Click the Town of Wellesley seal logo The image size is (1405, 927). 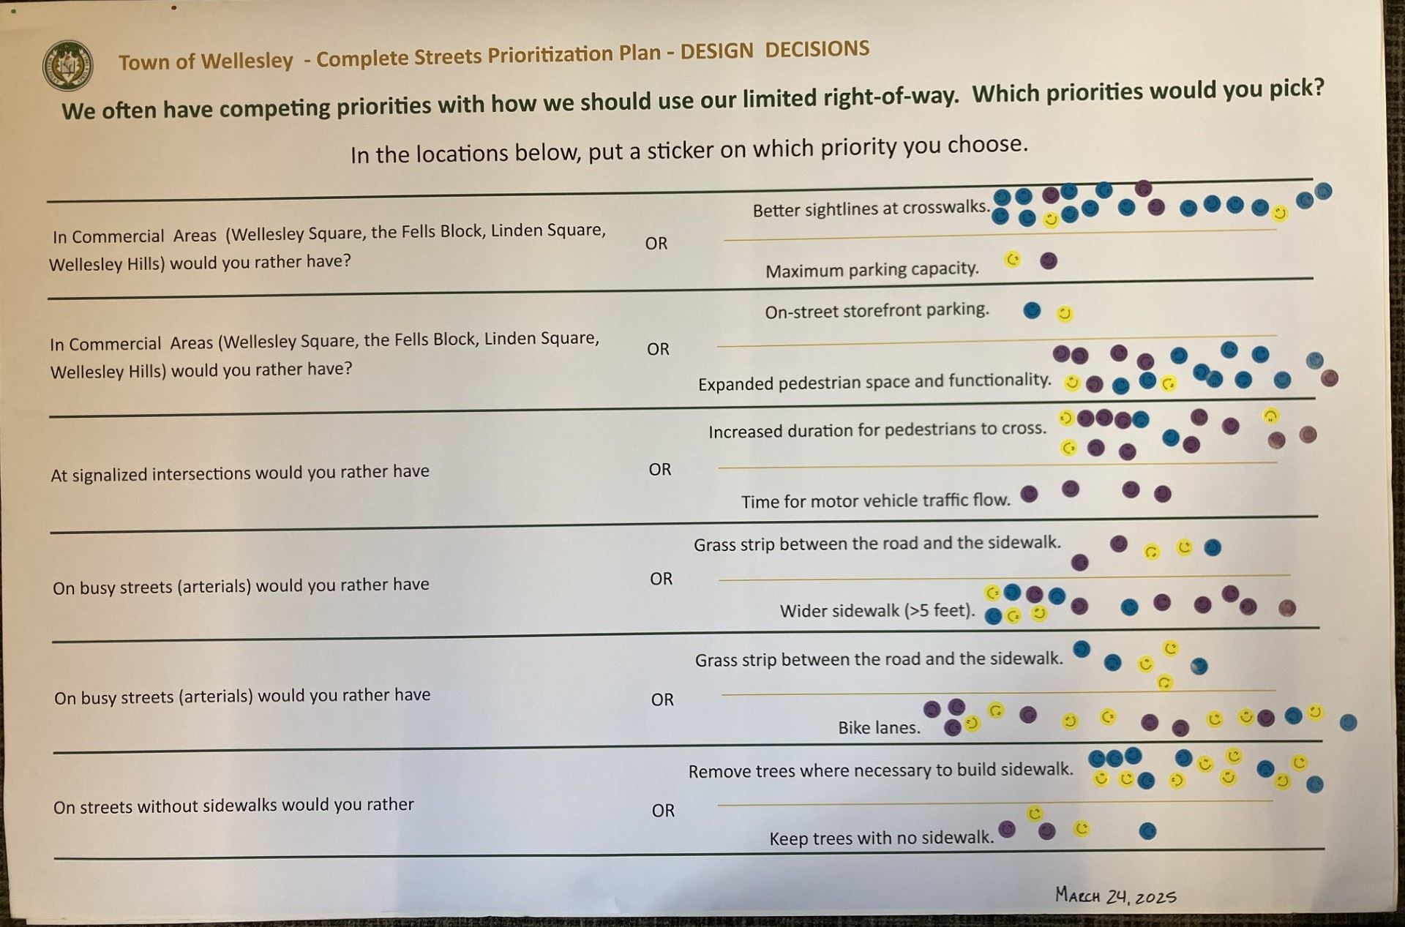[x=68, y=66]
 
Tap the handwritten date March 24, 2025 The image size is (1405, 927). [x=1115, y=896]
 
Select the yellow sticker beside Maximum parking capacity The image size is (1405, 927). [x=1013, y=260]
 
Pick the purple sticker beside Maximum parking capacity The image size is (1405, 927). [x=1048, y=261]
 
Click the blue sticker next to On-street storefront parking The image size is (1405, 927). [x=1032, y=310]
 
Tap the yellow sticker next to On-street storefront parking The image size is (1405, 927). [x=1065, y=314]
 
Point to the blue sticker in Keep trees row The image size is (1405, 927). [x=1147, y=830]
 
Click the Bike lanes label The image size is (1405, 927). [x=879, y=728]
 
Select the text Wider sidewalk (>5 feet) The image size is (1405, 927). [x=877, y=611]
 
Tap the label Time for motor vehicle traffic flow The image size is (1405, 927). [x=875, y=501]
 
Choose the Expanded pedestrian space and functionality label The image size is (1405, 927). [x=874, y=382]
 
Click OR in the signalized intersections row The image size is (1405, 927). [x=659, y=470]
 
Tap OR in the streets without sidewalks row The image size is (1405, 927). [x=663, y=811]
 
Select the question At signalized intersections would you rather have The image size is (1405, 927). [x=240, y=473]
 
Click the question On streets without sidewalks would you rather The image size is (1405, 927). [x=233, y=806]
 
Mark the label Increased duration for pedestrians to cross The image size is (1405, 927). [x=877, y=430]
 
